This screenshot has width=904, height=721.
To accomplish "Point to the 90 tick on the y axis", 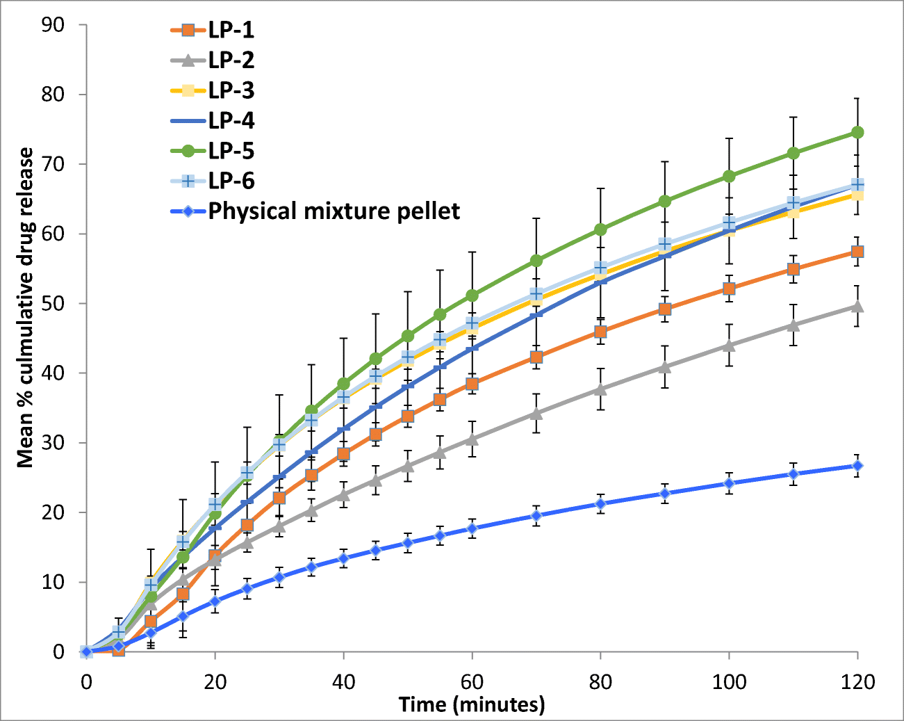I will (53, 25).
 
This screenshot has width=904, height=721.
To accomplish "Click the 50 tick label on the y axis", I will (53, 303).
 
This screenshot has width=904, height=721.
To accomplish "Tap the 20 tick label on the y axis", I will (53, 512).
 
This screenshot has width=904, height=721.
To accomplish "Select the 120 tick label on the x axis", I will (857, 681).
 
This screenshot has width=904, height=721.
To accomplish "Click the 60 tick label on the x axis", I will (472, 681).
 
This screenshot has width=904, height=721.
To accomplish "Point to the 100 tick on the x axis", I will (729, 681).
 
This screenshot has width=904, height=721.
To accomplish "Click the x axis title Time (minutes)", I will (472, 705).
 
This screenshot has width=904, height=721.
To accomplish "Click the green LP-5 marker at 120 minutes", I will (857, 132).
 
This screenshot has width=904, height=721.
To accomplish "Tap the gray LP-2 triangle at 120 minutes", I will (857, 306).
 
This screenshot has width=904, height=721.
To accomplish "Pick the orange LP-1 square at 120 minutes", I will (857, 252).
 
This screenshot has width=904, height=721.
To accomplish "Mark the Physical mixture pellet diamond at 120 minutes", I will (857, 466).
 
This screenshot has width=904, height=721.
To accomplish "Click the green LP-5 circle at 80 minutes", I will (600, 229).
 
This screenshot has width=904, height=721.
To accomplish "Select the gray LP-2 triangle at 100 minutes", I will (729, 345).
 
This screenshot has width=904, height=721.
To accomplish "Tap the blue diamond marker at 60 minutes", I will (472, 528).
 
